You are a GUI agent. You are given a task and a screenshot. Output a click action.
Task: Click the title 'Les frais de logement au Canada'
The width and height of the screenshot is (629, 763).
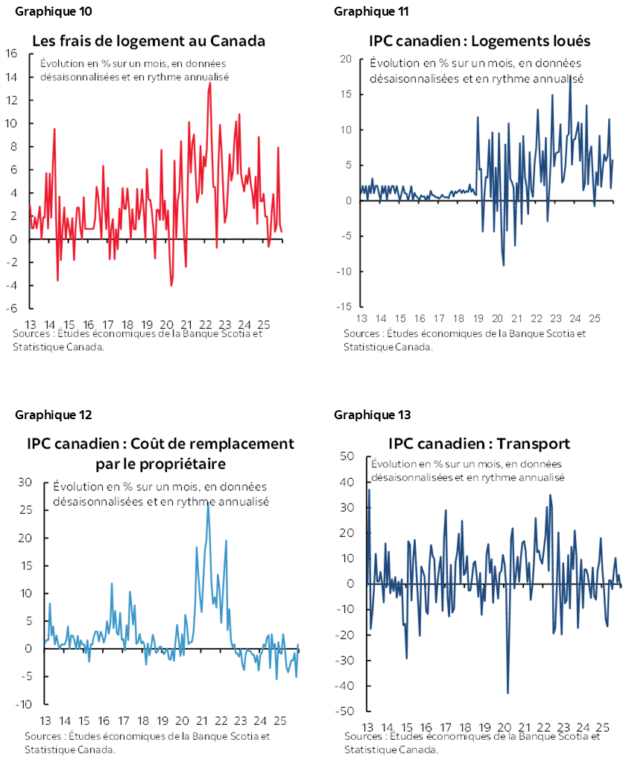pos(148,40)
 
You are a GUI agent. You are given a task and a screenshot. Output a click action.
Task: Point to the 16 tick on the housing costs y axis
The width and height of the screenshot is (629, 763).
pos(12,53)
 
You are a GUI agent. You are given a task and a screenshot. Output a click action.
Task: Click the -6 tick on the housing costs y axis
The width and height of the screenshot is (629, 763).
pos(12,309)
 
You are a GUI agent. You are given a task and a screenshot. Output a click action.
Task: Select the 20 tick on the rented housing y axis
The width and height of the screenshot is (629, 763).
pos(345,59)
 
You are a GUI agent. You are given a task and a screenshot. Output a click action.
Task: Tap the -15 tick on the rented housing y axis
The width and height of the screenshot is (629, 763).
pos(343,307)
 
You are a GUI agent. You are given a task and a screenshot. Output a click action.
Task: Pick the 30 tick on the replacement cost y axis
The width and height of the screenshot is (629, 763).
pos(25,483)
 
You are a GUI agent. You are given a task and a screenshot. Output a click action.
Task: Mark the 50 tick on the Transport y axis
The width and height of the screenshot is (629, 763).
pos(347,456)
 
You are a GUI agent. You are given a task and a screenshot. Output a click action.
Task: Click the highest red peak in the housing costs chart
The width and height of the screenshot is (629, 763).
pos(210,83)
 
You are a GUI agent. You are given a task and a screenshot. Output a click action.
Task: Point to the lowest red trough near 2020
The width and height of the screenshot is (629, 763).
pos(171,285)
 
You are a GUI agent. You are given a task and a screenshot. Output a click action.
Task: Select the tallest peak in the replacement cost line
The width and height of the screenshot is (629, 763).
pos(208,506)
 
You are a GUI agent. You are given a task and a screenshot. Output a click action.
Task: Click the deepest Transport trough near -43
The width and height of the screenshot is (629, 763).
pos(508,693)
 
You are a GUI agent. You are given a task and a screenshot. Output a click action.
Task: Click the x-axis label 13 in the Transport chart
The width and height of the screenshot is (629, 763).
pos(367,727)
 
